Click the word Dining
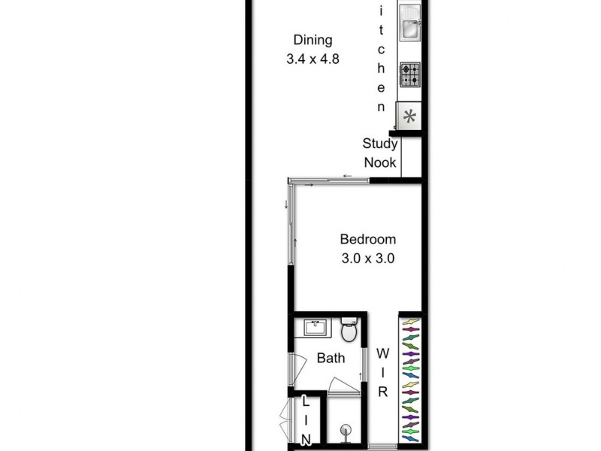coord(313,41)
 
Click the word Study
coord(380,144)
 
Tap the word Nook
coord(380,162)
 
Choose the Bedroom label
coord(368,240)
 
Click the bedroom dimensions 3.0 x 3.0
coord(368,258)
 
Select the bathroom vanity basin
coord(316,328)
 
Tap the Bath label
coord(331,358)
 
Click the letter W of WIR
coord(382,353)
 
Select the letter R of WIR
coord(382,392)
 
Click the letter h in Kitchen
coord(382,70)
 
